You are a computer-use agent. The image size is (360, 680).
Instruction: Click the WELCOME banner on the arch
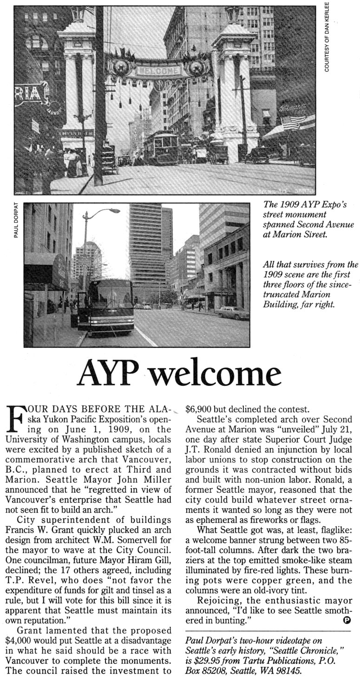[x=158, y=71]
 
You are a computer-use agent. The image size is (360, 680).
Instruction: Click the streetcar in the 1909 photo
[x=161, y=147]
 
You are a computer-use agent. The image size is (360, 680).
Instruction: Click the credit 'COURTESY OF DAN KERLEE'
[x=327, y=37]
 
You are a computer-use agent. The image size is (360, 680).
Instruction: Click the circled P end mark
[x=347, y=620]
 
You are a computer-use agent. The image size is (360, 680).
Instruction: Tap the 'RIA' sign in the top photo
[x=29, y=94]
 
